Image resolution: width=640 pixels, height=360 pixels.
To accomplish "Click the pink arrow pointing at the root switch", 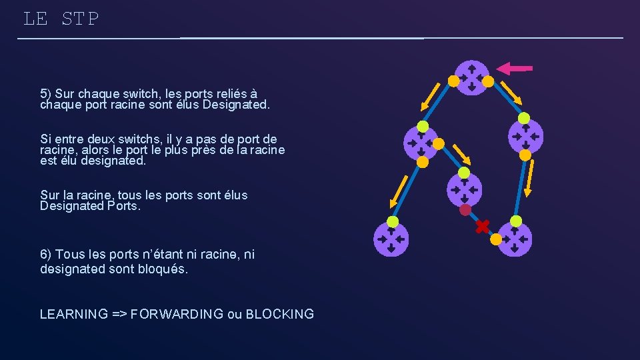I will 515,68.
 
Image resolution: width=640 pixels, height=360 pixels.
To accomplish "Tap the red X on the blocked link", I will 482,227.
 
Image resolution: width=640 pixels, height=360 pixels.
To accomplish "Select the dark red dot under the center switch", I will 465,210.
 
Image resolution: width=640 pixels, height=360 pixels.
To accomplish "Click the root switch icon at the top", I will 471,77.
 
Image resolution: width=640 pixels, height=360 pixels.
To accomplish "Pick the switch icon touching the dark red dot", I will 464,189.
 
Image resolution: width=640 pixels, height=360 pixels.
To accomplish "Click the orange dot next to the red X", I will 497,238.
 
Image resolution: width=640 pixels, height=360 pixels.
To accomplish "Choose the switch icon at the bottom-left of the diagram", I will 391,239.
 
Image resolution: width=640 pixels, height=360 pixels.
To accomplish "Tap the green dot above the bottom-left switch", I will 393,222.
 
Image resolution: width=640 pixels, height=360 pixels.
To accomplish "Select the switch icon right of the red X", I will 515,239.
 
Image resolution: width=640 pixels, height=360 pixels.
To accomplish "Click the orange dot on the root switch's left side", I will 453,81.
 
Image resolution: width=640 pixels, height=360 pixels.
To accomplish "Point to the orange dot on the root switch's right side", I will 488,81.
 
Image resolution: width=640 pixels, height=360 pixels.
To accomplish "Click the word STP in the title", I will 80,19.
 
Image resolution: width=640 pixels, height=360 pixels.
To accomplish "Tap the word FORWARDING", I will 177,314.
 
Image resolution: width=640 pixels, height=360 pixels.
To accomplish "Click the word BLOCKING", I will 280,314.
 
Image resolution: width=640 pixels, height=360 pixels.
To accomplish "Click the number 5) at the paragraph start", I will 46,93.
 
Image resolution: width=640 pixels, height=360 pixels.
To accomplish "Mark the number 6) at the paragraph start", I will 46,254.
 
